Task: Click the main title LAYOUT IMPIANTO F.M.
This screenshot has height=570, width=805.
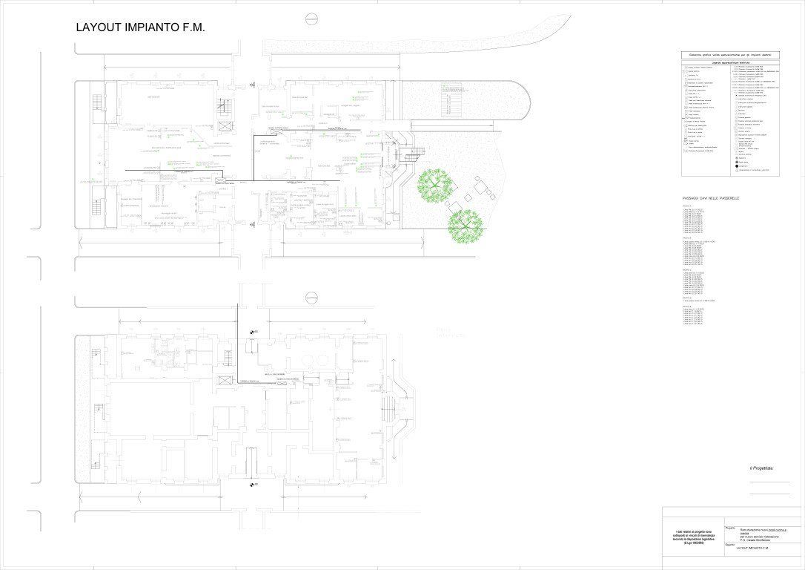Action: pyautogui.click(x=140, y=27)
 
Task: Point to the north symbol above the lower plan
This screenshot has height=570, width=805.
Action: pyautogui.click(x=311, y=297)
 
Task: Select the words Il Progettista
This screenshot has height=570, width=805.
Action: pyautogui.click(x=761, y=468)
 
